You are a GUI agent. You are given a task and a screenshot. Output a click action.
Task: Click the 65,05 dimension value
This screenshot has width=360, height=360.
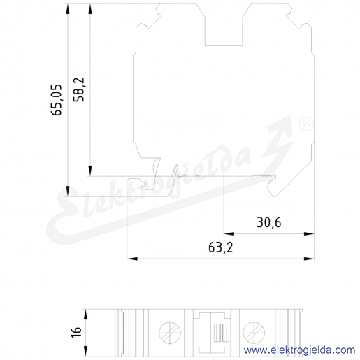point(57,100)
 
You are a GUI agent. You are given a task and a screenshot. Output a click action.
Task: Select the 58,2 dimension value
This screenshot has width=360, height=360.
point(78,89)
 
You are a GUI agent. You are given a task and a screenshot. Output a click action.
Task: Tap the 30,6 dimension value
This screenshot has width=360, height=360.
point(269,222)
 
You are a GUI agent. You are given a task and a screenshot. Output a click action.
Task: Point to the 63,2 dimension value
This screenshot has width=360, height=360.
point(220,247)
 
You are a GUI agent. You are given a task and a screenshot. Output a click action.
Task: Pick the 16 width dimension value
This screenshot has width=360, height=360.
point(76,331)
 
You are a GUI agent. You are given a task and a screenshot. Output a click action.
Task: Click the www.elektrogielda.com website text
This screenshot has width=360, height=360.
point(299,350)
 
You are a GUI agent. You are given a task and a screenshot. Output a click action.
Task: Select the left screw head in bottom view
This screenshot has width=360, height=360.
point(170,333)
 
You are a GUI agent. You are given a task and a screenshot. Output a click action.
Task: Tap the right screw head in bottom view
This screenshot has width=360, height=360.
point(254,333)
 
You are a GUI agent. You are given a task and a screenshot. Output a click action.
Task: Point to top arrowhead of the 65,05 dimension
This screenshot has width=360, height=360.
point(68,9)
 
